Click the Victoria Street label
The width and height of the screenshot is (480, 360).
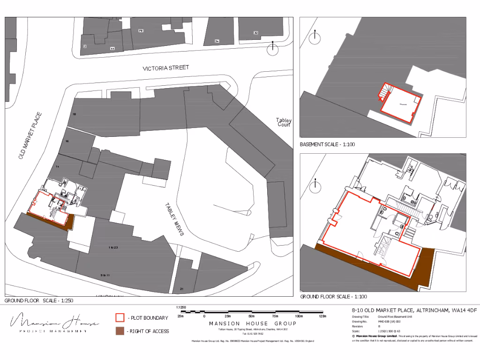click(x=166, y=68)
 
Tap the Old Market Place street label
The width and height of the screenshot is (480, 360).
click(x=30, y=135)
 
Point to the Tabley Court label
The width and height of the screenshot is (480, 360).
click(x=284, y=123)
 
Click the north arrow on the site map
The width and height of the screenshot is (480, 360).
click(x=271, y=48)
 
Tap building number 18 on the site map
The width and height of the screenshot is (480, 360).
click(x=74, y=114)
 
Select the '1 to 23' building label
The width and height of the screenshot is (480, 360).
click(x=113, y=247)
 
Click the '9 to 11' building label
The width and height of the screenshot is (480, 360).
click(x=105, y=274)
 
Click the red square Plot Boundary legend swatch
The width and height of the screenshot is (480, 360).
click(x=120, y=318)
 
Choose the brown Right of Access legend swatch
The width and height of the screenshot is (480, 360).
click(x=120, y=331)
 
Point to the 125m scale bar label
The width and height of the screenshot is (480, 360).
click(x=322, y=317)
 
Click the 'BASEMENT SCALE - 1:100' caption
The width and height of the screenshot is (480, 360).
click(x=327, y=144)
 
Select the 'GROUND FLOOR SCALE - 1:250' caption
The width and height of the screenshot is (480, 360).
click(x=38, y=300)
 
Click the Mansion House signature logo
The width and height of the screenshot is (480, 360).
click(x=55, y=322)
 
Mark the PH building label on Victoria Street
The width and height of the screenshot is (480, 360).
click(x=140, y=30)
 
